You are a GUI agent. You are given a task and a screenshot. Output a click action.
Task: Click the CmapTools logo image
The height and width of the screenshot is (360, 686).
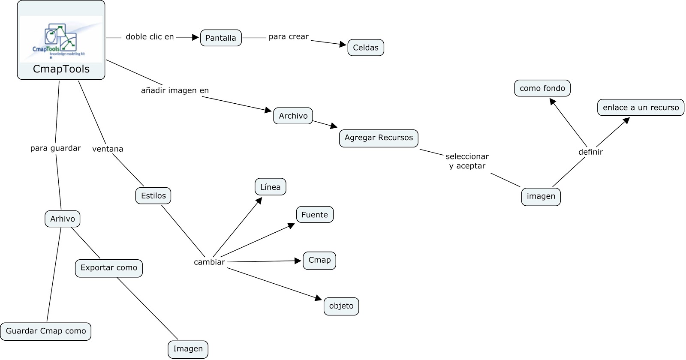[61, 39]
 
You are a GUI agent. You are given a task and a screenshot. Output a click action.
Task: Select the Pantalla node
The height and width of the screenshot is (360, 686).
[221, 38]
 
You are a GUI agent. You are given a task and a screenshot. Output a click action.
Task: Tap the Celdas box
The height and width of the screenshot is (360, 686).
[365, 48]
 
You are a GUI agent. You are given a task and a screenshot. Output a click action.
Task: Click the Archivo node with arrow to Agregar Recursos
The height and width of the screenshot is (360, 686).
[293, 116]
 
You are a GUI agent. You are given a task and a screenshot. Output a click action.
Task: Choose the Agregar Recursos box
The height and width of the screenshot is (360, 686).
[379, 138]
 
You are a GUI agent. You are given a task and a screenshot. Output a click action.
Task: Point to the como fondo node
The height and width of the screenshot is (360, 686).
[542, 88]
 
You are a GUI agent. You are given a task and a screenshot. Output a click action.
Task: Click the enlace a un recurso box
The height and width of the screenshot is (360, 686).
[641, 108]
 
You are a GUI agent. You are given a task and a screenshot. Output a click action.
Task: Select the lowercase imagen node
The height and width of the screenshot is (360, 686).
[541, 197]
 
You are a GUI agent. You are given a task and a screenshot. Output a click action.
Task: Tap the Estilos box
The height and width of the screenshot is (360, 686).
[153, 196]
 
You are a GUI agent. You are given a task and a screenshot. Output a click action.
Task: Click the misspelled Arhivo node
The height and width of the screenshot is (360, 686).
[62, 219]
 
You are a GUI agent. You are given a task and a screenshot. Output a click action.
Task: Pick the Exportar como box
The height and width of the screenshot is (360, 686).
[109, 268]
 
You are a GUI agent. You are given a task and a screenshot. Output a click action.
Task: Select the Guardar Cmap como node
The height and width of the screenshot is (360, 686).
[46, 331]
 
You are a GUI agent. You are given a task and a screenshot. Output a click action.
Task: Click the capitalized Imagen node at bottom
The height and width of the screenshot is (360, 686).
[188, 349]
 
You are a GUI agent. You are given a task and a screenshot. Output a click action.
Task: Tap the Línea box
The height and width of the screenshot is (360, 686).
[270, 187]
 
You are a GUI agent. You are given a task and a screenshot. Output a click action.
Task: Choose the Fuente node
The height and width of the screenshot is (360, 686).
[314, 215]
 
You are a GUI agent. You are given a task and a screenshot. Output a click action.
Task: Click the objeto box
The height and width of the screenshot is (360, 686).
[341, 306]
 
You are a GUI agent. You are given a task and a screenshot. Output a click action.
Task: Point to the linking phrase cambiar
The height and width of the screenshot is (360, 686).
[209, 262]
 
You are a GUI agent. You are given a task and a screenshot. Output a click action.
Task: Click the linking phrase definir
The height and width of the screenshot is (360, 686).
[590, 152]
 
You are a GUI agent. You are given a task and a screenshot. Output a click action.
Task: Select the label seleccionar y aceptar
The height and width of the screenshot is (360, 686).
[467, 161]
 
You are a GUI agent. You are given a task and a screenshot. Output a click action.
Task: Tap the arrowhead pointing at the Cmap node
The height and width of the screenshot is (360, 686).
[298, 261]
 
